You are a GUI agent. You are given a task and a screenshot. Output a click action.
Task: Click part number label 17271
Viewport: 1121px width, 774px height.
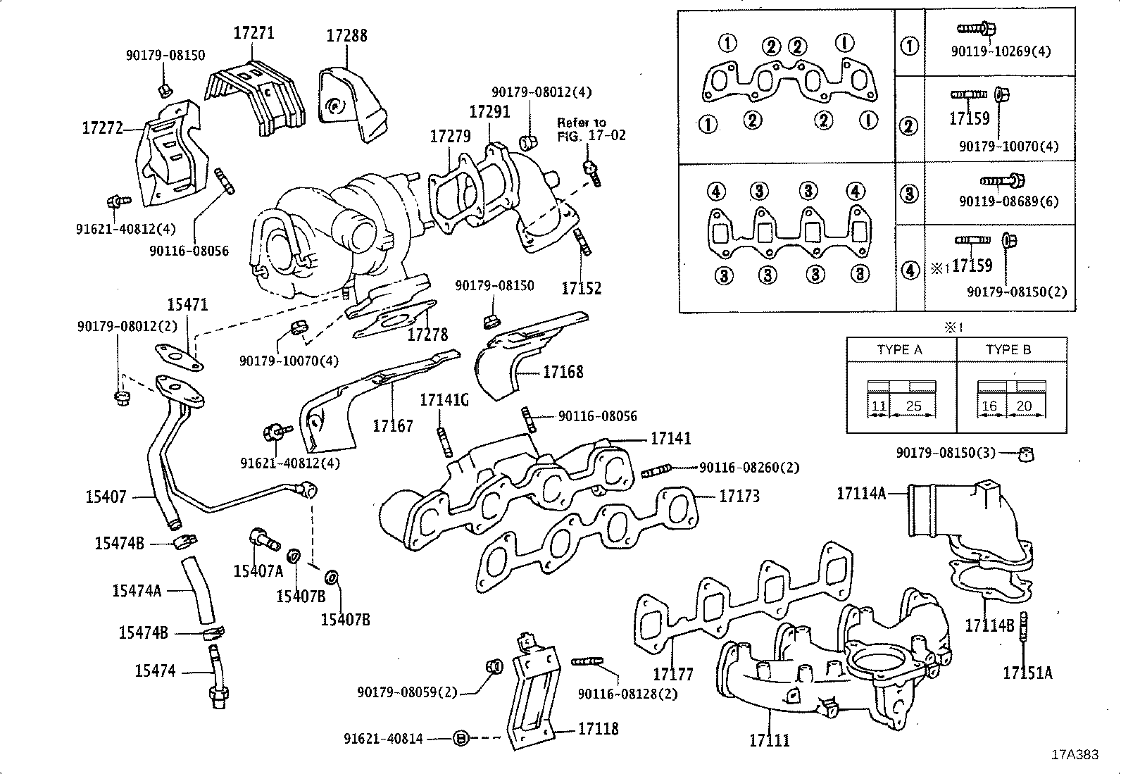click(253, 32)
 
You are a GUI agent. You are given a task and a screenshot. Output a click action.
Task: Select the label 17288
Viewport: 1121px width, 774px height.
click(346, 35)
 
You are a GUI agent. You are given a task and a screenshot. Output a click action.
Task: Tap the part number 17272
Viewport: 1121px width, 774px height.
click(103, 127)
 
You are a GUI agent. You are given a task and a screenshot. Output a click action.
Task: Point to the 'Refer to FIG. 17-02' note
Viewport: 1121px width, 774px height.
click(591, 129)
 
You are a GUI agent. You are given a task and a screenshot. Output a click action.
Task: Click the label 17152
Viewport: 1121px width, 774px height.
click(581, 287)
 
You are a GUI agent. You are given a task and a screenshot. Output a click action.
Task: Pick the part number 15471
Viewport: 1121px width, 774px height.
click(187, 304)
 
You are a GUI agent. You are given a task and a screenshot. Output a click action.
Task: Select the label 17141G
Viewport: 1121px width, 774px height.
click(444, 400)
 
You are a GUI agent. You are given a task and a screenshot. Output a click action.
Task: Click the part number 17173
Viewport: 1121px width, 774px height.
click(739, 496)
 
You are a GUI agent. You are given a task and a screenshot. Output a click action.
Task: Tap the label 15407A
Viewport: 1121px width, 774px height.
click(258, 570)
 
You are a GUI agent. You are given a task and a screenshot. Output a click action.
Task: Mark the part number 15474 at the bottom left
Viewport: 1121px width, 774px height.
click(155, 670)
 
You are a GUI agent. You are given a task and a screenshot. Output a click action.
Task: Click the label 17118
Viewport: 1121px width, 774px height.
click(598, 729)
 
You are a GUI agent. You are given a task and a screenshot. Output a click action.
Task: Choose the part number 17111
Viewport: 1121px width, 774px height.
click(769, 740)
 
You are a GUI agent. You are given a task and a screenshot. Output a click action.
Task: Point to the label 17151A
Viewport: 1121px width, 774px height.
click(1027, 673)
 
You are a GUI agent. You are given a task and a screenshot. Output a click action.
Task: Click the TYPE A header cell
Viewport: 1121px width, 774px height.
click(899, 349)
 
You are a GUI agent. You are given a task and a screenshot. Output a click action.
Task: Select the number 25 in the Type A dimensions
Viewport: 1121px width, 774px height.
click(913, 406)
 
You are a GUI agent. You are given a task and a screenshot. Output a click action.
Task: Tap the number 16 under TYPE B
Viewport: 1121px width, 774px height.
click(989, 406)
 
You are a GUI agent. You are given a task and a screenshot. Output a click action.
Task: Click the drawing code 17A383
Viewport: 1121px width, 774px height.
click(1075, 754)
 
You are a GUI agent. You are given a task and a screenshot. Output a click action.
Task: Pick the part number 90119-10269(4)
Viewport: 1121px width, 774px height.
click(1000, 51)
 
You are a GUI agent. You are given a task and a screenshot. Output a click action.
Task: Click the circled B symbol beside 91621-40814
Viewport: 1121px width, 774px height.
click(461, 738)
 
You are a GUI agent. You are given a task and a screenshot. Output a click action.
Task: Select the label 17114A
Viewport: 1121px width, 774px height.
click(860, 493)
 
